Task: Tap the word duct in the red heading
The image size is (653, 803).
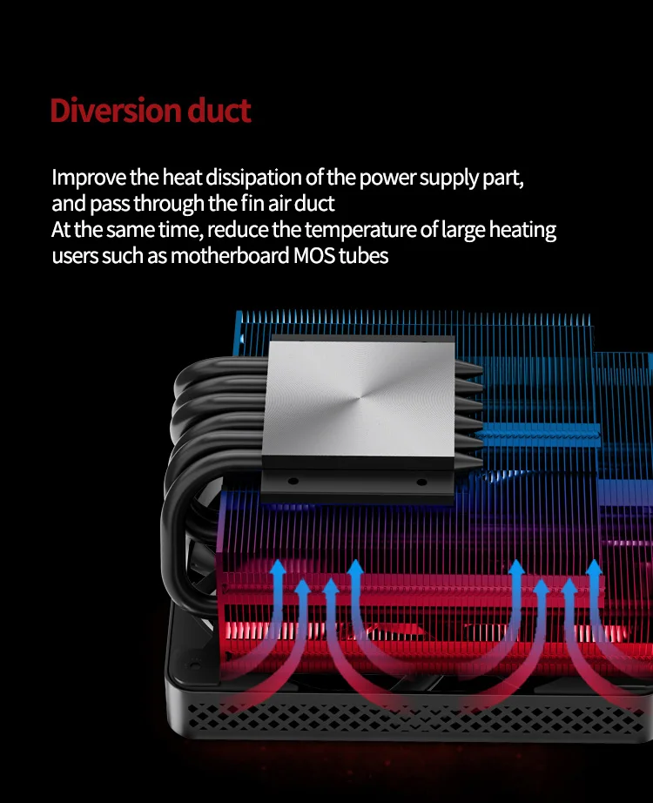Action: coord(219,111)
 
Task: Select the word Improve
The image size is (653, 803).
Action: coord(89,179)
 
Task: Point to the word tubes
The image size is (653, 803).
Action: coord(363,257)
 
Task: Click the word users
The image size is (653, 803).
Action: coord(74,257)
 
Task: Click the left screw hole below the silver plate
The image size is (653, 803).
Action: coord(293,480)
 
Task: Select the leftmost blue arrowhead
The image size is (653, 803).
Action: coord(279,569)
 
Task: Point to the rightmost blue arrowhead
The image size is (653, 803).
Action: coord(595,569)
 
